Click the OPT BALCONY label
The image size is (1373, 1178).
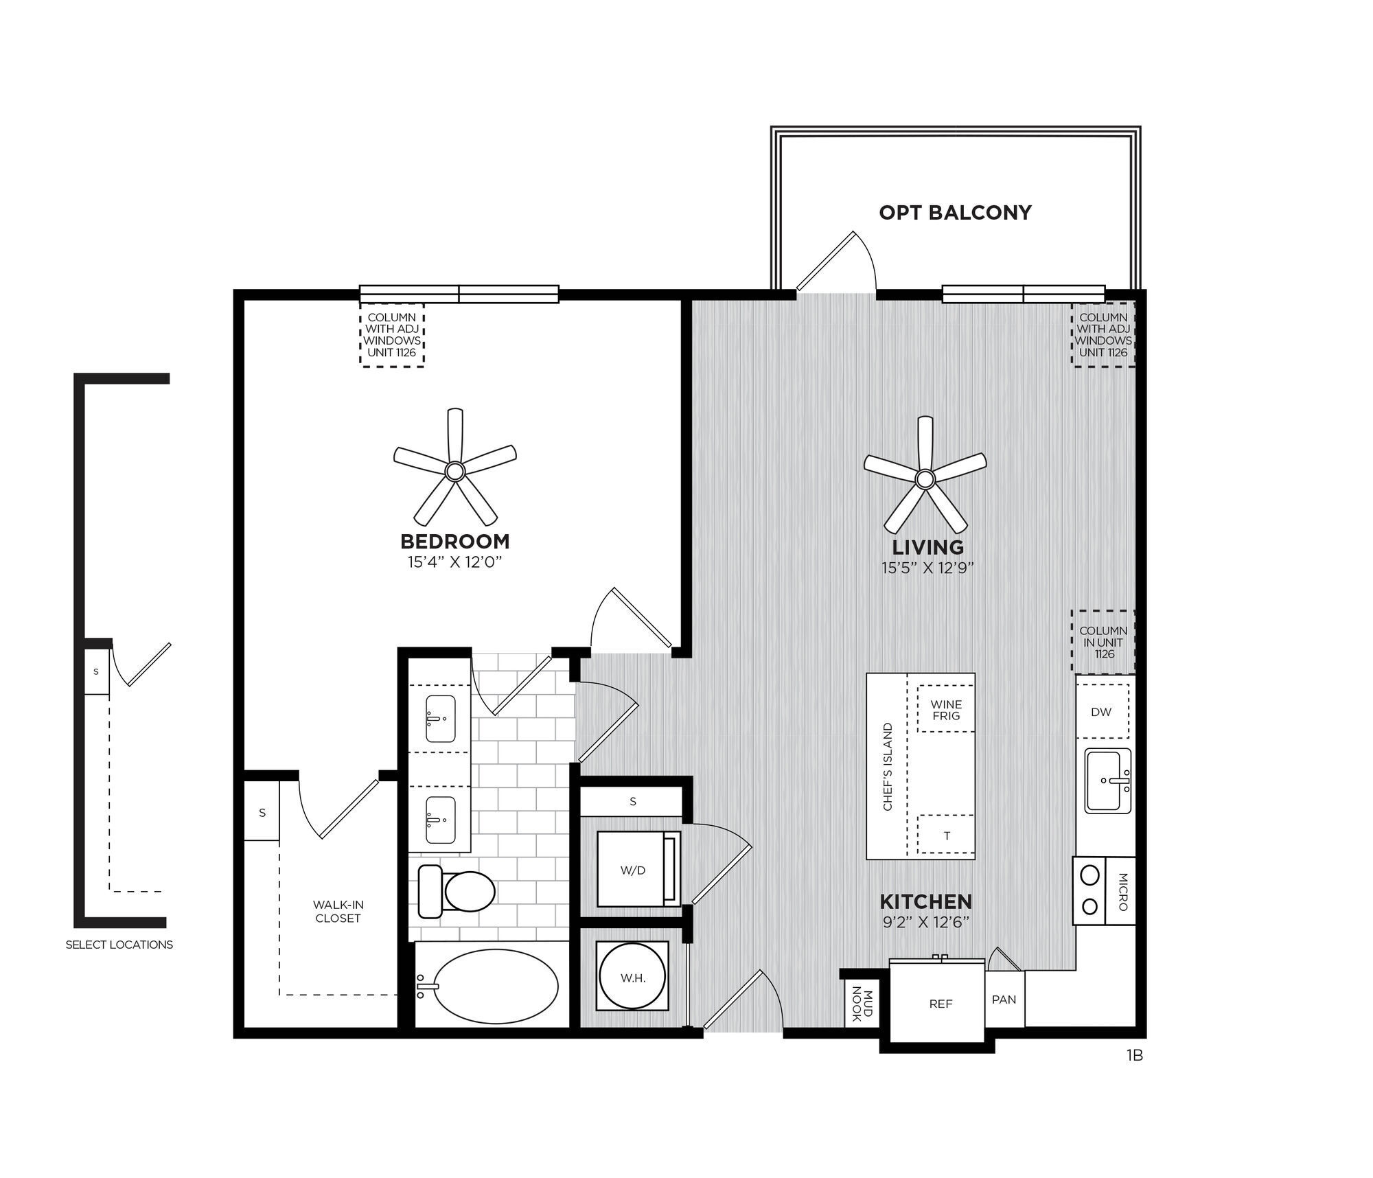955,213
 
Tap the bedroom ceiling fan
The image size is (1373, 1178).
454,471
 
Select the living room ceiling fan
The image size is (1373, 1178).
925,478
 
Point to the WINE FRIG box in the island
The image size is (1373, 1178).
945,710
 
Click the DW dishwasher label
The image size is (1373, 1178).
1100,712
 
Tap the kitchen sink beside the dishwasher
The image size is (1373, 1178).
1107,781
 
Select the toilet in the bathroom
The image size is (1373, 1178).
457,892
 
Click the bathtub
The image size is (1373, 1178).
496,986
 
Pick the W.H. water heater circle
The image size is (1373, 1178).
632,976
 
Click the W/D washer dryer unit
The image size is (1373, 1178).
633,870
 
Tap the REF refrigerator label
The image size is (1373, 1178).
941,1004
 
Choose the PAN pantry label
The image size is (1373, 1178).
1004,1000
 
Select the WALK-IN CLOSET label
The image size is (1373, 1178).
337,912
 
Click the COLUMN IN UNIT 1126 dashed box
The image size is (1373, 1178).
1103,642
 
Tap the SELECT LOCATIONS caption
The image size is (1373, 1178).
119,945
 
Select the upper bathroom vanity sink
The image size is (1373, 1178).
440,719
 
